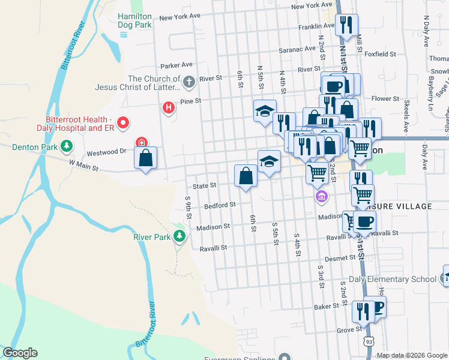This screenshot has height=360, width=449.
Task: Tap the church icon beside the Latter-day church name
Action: click(188, 81)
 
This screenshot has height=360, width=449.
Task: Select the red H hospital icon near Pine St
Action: click(169, 108)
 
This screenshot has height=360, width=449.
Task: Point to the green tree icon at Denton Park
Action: click(67, 146)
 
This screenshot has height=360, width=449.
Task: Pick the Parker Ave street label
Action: click(176, 65)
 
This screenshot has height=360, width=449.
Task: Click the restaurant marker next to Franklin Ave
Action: click(346, 25)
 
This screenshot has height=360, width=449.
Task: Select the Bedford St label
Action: click(220, 205)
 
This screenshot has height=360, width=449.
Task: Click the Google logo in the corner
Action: click(20, 353)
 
